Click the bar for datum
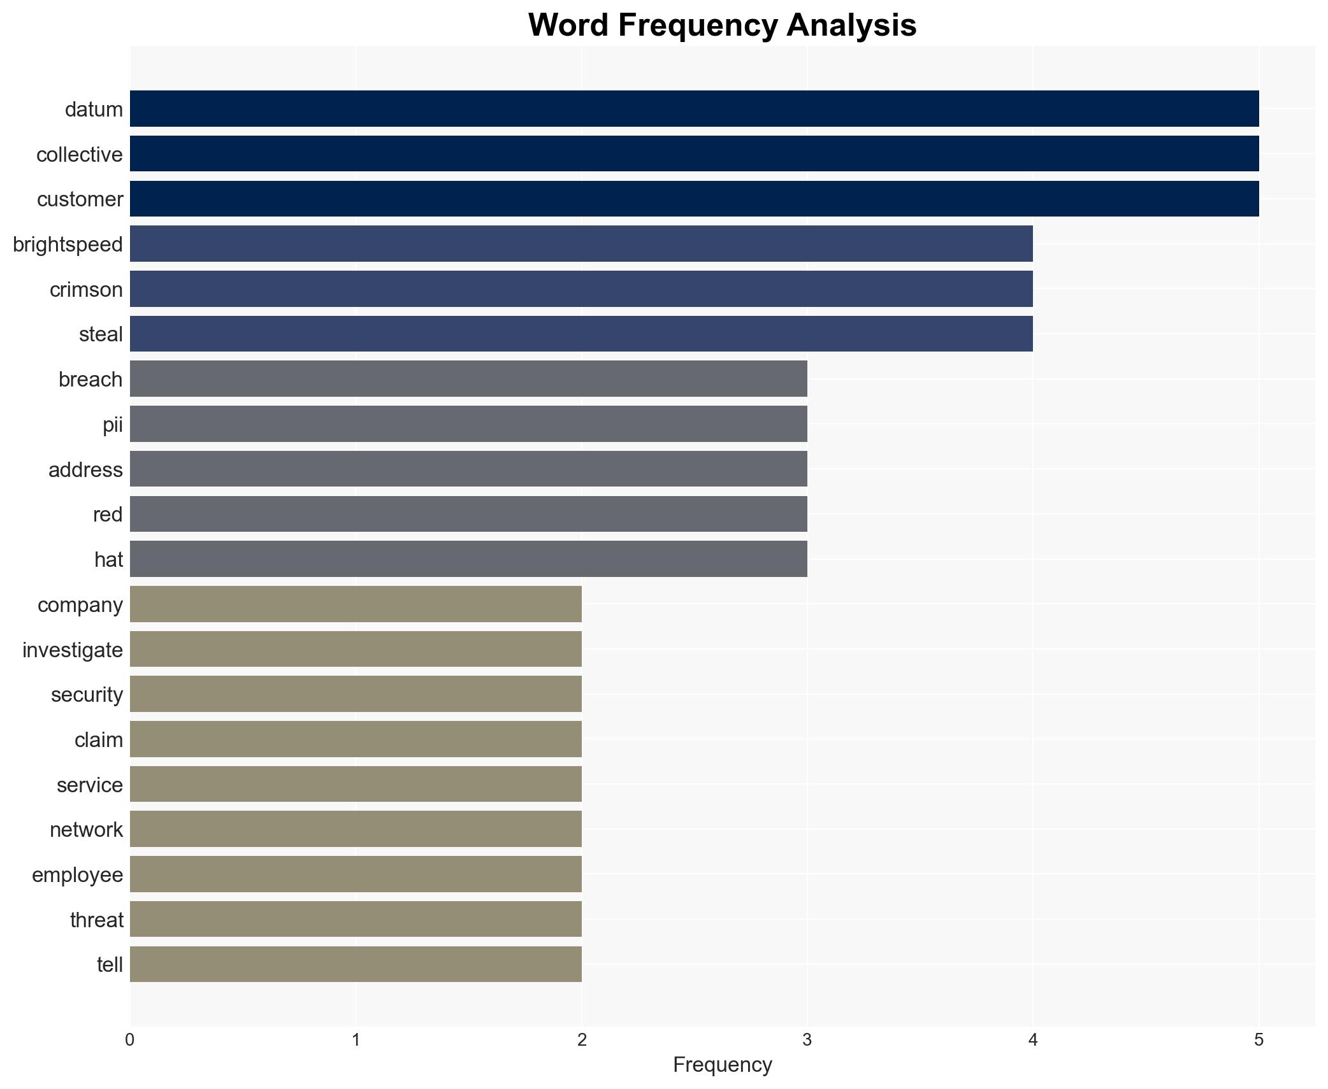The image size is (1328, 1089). coord(694,108)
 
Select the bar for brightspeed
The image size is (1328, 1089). coord(581,243)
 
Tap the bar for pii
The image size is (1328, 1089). coord(468,423)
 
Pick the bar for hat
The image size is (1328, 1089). coord(468,559)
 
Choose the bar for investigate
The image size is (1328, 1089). coord(356,649)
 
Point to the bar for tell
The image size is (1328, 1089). coord(356,964)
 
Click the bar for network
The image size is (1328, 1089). coord(356,829)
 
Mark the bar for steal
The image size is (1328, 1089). coord(581,334)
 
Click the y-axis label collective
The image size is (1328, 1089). coord(79,154)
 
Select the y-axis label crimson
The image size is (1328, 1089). coord(86,289)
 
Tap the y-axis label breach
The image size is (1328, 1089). coord(90,379)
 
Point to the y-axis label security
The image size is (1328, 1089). coord(87,694)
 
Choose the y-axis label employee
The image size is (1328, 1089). coord(77,874)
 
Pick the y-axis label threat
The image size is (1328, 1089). coord(96,920)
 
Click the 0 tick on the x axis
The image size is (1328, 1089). coord(130,1041)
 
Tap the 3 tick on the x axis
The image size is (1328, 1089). coord(807,1041)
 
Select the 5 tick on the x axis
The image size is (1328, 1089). coord(1258,1041)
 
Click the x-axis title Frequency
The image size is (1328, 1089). coord(722,1065)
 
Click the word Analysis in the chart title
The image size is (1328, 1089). coord(851,25)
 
